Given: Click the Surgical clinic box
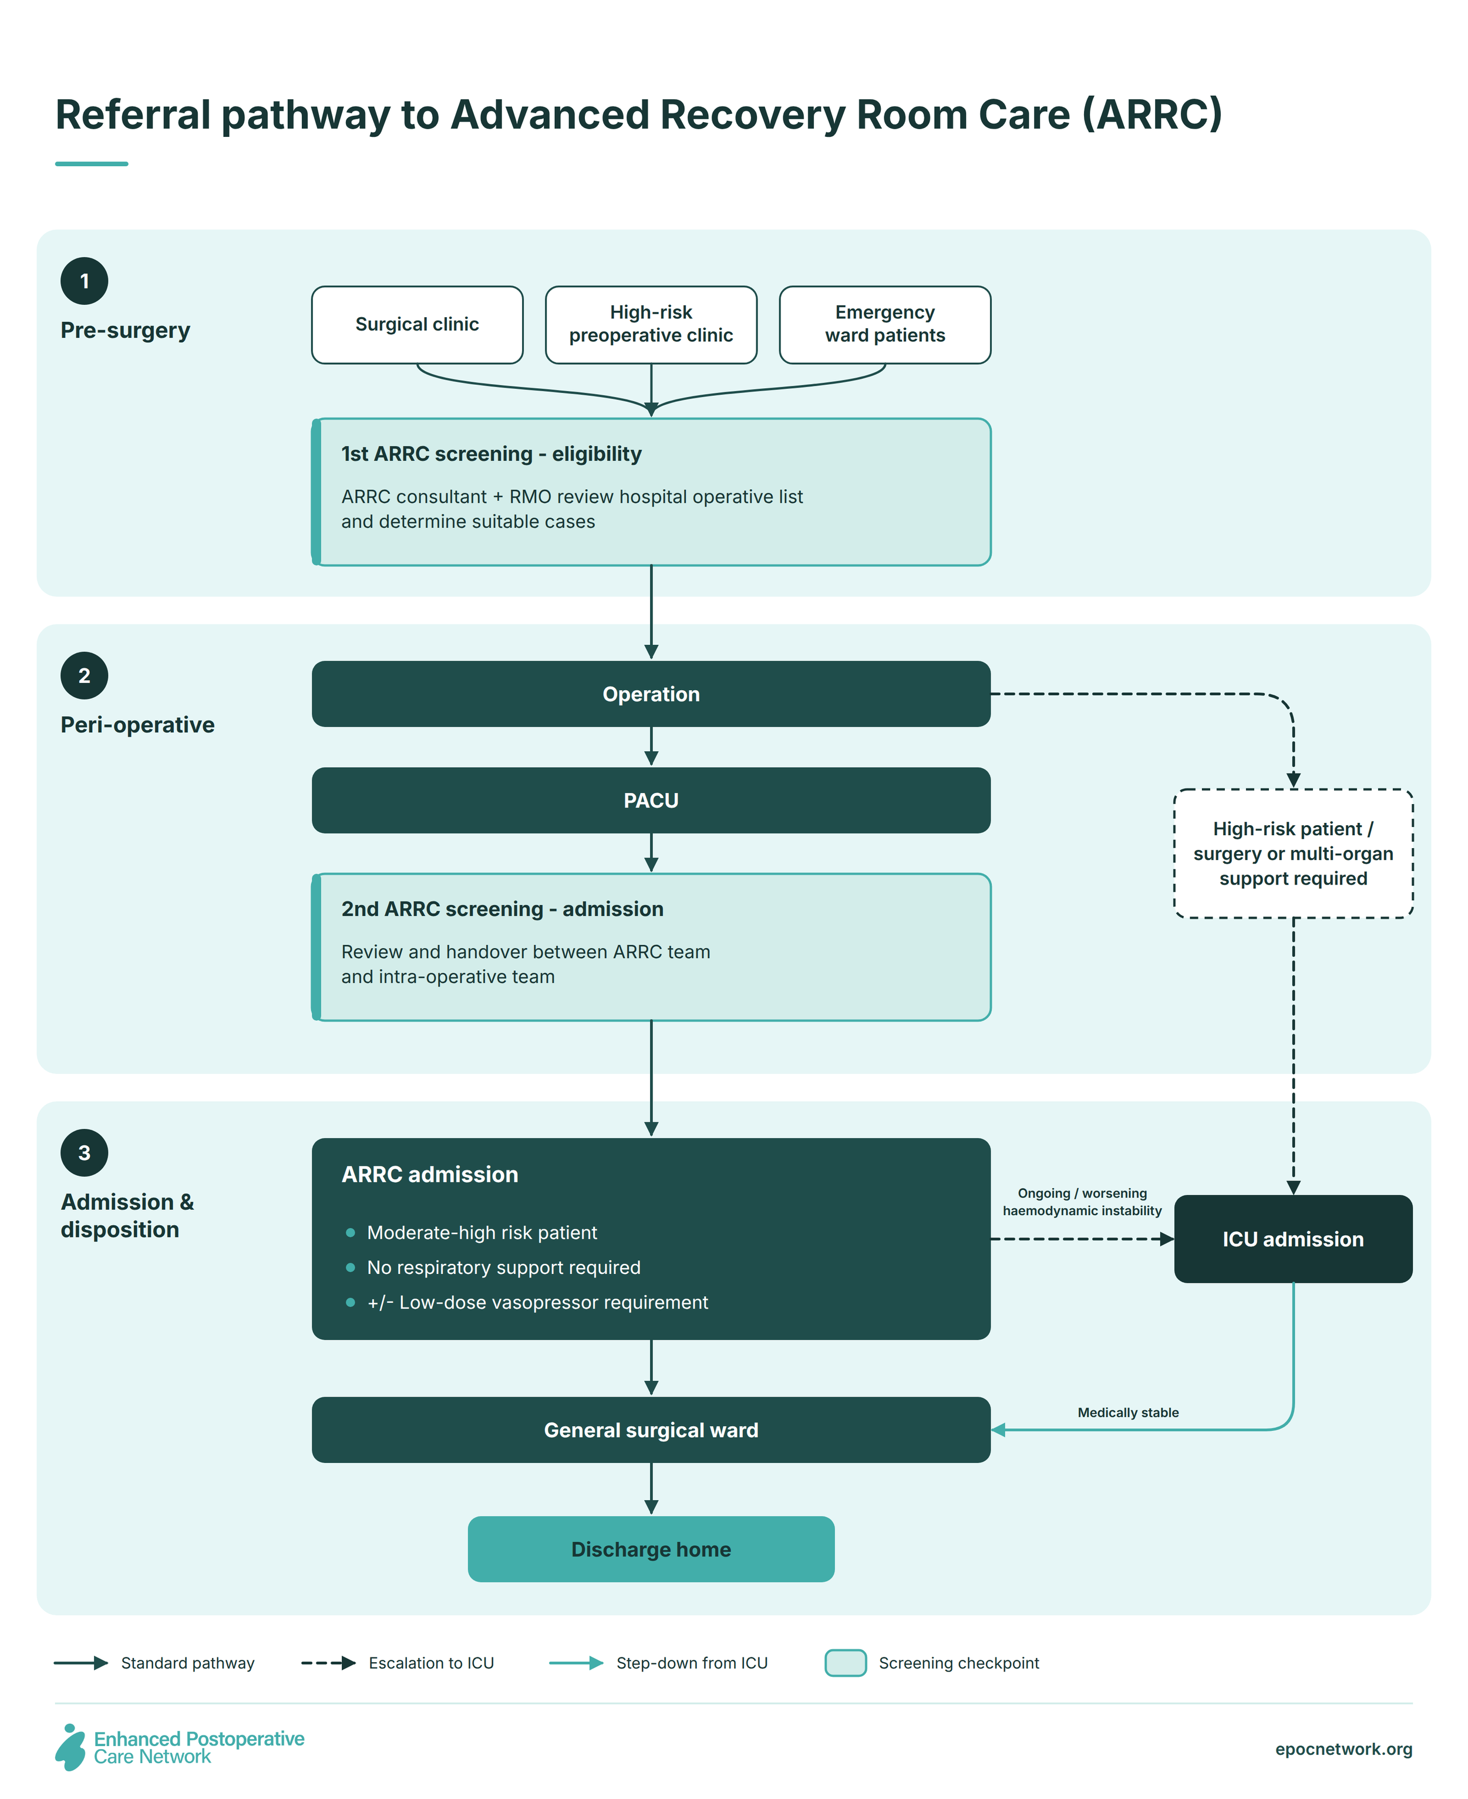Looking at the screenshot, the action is [417, 325].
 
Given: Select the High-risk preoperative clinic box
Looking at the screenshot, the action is [651, 325].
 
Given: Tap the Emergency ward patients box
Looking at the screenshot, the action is [884, 325].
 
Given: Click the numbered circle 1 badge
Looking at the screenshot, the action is [85, 281].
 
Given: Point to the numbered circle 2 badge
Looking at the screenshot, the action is [85, 676].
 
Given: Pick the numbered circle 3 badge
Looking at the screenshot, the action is [85, 1153].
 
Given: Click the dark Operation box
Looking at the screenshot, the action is [651, 694].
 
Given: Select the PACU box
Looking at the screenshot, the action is [651, 800].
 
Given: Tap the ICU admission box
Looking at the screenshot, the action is [1293, 1239].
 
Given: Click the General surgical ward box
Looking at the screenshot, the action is [651, 1430].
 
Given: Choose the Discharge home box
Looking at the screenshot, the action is [651, 1549].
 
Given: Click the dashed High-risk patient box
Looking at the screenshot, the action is [1293, 853].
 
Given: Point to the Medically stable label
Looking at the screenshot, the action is [1128, 1413].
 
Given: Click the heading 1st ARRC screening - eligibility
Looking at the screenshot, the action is [491, 454].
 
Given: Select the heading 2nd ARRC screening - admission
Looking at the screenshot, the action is [502, 909].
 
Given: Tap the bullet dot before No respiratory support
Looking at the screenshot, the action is [350, 1268].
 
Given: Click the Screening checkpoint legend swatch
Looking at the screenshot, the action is [846, 1663].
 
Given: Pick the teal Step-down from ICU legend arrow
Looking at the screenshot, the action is [576, 1663].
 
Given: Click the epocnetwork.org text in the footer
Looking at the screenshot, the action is [1344, 1749].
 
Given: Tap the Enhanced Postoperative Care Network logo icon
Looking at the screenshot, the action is [70, 1747].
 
